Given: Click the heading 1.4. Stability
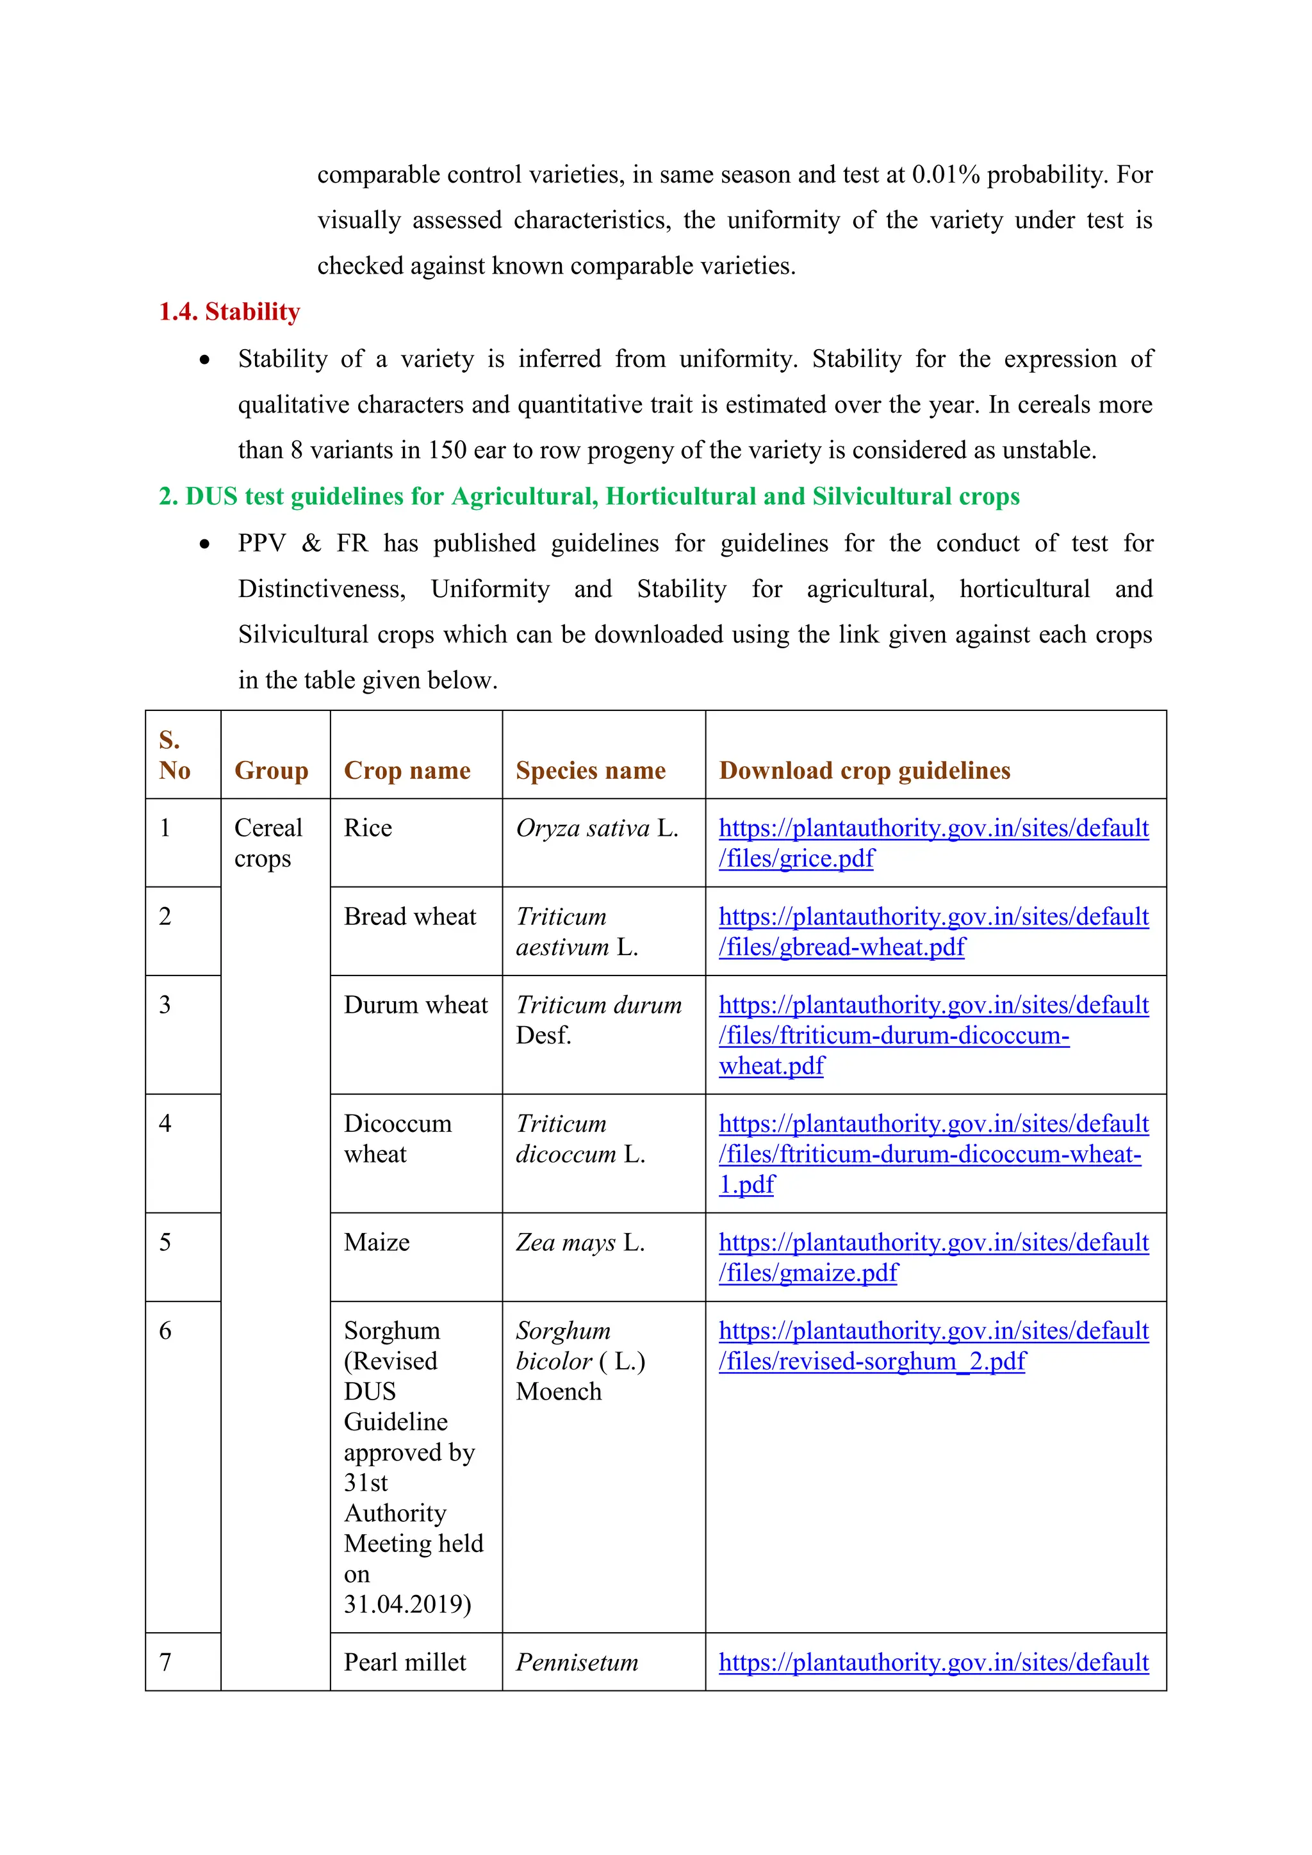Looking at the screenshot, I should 229,311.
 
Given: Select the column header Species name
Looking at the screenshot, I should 591,770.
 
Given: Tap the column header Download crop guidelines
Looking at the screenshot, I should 864,770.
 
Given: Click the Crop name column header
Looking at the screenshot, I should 407,770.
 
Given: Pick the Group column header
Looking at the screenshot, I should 272,770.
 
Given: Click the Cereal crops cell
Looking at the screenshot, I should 268,843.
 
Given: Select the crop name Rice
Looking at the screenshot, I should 368,828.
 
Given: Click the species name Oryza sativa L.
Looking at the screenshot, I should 596,828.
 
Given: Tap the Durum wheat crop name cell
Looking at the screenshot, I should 415,1005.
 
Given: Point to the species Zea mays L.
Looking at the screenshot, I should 580,1243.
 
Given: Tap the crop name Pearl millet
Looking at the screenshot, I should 405,1663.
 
